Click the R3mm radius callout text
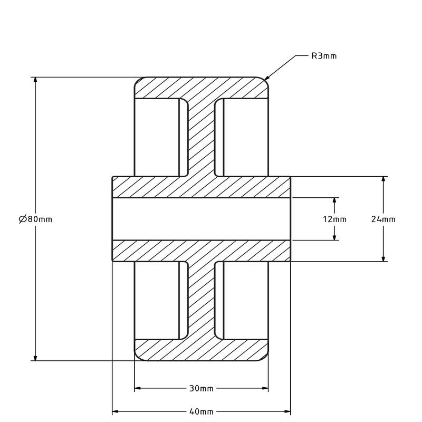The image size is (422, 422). pos(323,55)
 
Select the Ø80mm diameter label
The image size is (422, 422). pos(35,219)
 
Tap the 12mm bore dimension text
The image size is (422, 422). pos(334,219)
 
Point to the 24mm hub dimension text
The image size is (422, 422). pos(383,219)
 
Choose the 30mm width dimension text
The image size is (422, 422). pos(201,389)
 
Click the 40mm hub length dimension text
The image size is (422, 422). pos(201,411)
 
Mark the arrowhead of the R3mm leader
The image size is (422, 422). pos(266,79)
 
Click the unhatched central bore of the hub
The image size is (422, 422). pos(201,219)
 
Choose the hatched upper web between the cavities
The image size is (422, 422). pos(201,137)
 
